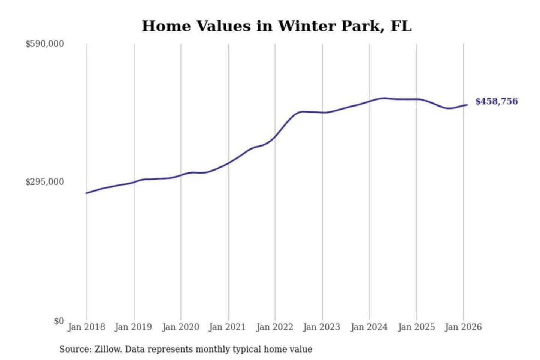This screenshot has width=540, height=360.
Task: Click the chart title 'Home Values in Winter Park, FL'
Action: (277, 26)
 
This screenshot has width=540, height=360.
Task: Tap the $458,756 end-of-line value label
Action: (496, 101)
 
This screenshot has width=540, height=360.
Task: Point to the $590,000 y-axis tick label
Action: (45, 44)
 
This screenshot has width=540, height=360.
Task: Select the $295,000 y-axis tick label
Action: (45, 182)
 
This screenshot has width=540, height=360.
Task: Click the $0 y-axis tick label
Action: (59, 321)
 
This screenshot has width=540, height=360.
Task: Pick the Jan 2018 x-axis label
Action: (86, 327)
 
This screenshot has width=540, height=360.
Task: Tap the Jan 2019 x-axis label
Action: (133, 327)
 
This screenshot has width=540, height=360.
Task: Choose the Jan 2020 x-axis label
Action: (180, 327)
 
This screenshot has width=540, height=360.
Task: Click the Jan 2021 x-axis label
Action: (227, 327)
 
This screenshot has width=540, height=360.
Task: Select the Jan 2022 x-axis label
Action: (274, 327)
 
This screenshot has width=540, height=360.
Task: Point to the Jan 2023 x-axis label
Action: (322, 327)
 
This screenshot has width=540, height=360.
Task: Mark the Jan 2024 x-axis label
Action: (369, 327)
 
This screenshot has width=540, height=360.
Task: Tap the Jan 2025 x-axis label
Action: (416, 327)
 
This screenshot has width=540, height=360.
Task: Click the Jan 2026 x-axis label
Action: (463, 327)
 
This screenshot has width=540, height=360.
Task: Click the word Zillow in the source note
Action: (108, 349)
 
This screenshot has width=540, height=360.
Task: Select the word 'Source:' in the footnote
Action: (75, 349)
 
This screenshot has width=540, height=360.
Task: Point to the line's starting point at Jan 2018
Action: (87, 193)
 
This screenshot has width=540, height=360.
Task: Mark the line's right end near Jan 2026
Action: (467, 105)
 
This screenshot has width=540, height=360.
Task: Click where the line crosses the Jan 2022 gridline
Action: (275, 137)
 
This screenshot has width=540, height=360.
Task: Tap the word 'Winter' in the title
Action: (307, 26)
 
